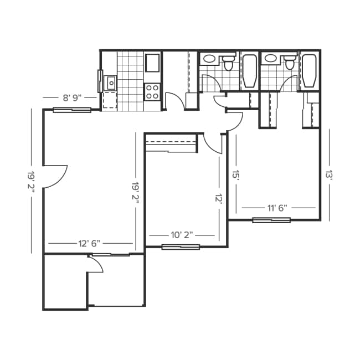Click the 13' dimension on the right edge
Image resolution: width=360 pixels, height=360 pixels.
click(328, 175)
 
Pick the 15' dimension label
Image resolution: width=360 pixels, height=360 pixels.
click(235, 175)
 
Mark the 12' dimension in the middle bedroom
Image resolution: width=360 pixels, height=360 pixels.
click(219, 198)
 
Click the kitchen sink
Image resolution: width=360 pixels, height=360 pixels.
click(111, 83)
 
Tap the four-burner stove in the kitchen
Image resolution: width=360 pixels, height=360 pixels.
click(152, 91)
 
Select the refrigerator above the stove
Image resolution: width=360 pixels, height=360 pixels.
click(152, 63)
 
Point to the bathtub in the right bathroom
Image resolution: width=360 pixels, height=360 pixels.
click(309, 71)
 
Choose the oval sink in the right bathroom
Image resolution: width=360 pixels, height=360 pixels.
click(271, 58)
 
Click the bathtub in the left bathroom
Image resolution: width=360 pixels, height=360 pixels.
click(250, 71)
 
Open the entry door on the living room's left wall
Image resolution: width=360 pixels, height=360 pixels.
click(55, 176)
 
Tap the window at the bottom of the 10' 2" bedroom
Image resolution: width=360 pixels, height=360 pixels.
click(181, 246)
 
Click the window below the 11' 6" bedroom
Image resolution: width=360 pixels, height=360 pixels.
click(271, 220)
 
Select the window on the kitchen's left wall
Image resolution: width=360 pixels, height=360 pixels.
click(100, 81)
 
